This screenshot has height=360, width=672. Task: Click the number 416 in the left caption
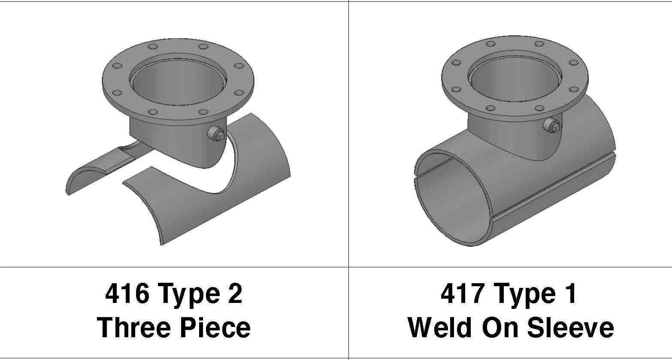pyautogui.click(x=127, y=294)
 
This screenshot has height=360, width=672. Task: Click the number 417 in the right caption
pyautogui.click(x=462, y=294)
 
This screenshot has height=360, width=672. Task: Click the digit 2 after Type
pyautogui.click(x=235, y=294)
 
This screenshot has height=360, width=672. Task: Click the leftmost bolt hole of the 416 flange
pyautogui.click(x=117, y=66)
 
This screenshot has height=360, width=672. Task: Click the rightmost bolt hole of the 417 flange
pyautogui.click(x=573, y=63)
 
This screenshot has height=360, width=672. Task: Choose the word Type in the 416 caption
pyautogui.click(x=187, y=294)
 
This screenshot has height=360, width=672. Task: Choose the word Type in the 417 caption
pyautogui.click(x=522, y=294)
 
